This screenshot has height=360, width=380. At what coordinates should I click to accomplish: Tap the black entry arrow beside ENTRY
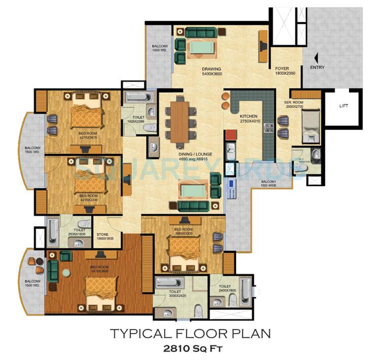point(317,59)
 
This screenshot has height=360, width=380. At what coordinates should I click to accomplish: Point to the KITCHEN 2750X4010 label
point(252,119)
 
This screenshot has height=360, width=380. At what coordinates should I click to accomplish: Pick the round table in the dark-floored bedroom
point(65,272)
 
